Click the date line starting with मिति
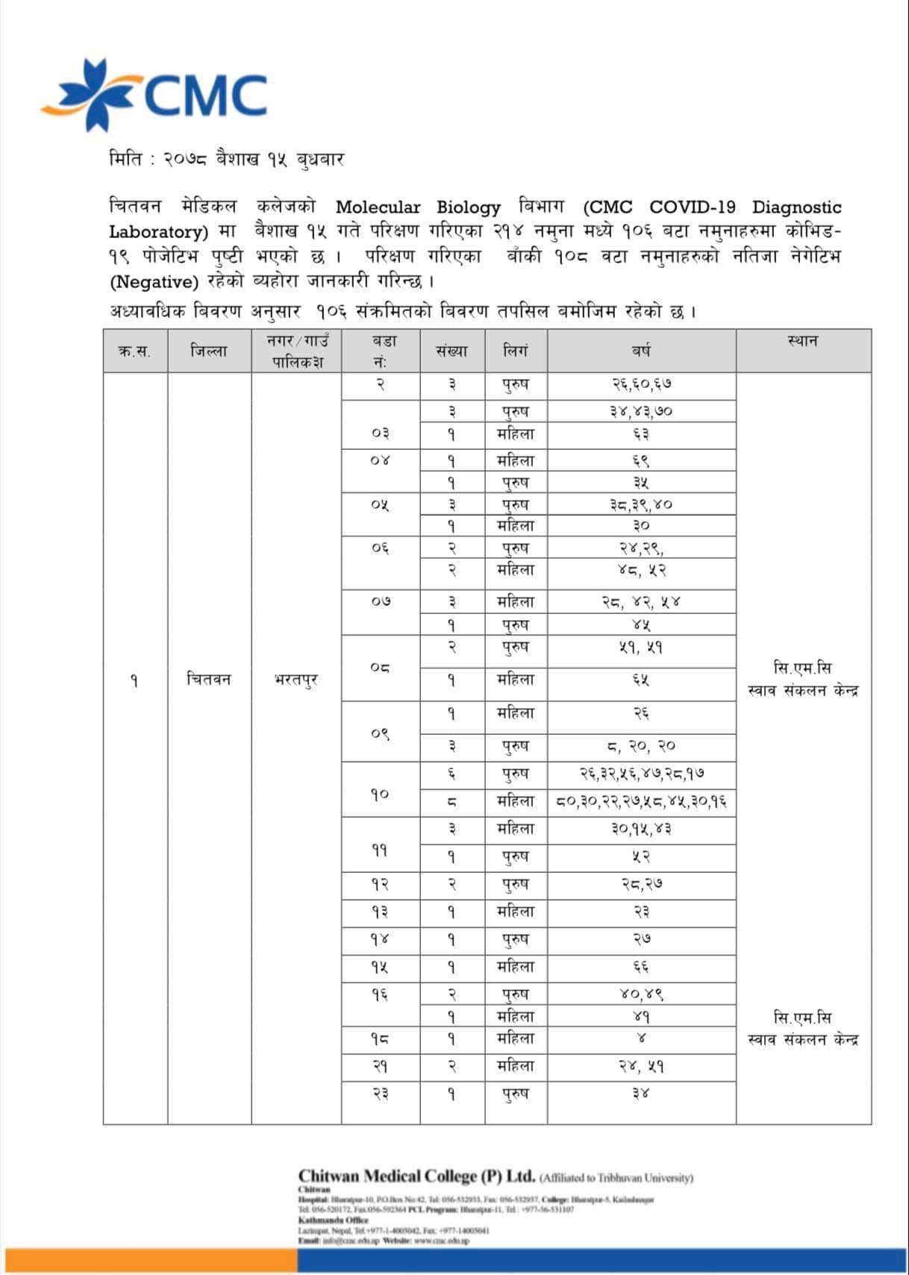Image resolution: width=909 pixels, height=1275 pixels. coord(226,160)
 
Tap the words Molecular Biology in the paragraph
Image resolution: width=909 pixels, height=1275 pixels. coord(418,207)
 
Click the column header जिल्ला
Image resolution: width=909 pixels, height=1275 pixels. coord(209,351)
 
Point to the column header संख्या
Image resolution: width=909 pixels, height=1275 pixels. coord(452,351)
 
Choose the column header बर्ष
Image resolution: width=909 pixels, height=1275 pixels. coord(641,351)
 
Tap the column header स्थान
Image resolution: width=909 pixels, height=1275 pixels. coord(802,342)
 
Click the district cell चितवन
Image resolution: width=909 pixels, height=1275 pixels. coord(209,680)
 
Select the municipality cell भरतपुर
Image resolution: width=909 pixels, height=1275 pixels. coord(296,680)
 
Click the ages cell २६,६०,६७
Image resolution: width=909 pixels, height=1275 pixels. coord(641,385)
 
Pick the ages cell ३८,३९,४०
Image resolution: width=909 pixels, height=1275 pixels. coord(641,504)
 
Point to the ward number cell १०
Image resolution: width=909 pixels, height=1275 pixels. coord(380,794)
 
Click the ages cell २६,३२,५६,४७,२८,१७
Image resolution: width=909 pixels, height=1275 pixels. coord(641,774)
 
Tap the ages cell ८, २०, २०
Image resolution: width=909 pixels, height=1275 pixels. coord(641,746)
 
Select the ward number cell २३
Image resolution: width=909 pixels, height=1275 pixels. coord(380,1094)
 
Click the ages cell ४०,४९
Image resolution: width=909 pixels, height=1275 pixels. coord(641,994)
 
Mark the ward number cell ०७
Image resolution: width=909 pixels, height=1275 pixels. coord(380,601)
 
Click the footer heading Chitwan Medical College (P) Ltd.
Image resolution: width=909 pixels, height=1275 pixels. coord(416,1177)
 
